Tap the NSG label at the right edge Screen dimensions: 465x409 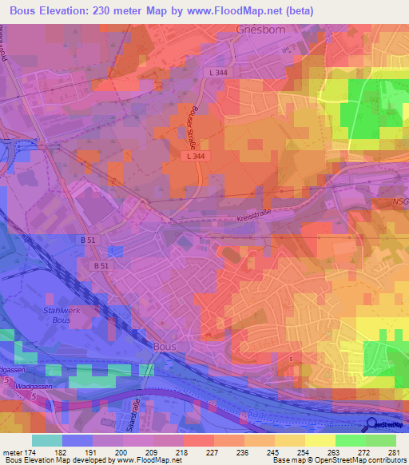click(400, 204)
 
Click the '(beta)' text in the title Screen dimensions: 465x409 click(296, 10)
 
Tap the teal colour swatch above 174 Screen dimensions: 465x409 click(46, 440)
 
